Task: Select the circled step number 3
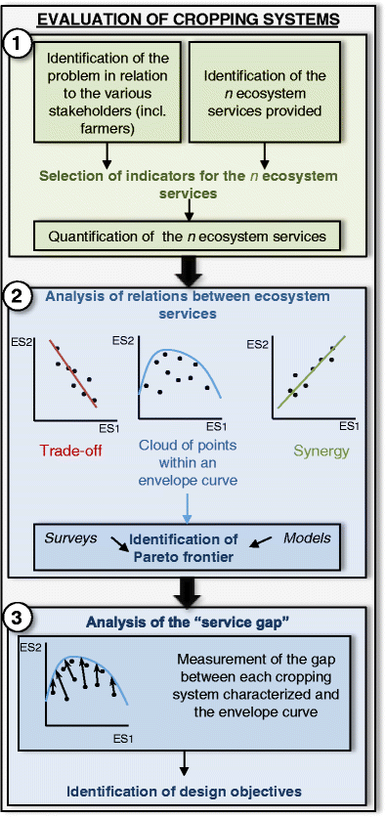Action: click(x=18, y=618)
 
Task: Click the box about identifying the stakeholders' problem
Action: click(x=107, y=91)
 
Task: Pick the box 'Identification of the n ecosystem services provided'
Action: click(x=265, y=91)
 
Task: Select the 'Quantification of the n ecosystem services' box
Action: click(x=188, y=236)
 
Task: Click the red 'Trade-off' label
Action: click(x=69, y=451)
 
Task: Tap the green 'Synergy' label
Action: click(x=320, y=451)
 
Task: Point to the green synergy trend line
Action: click(x=310, y=373)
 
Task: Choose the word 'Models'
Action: click(x=307, y=537)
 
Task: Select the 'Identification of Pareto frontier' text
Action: click(x=184, y=546)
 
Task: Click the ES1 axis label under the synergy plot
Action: click(x=351, y=426)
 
